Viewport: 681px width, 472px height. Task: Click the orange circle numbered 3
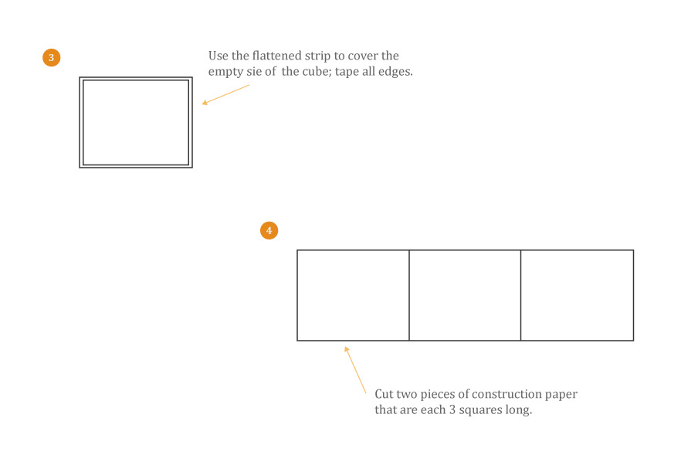51,57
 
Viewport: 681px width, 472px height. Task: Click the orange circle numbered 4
269,230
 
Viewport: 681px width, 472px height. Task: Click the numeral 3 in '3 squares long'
452,410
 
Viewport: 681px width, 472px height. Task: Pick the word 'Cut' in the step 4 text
384,394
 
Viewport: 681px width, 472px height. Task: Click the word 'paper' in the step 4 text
561,395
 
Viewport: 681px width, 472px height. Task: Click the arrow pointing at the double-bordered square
225,94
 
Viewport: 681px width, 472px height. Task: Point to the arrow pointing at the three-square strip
355,370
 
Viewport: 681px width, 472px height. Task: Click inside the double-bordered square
136,122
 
